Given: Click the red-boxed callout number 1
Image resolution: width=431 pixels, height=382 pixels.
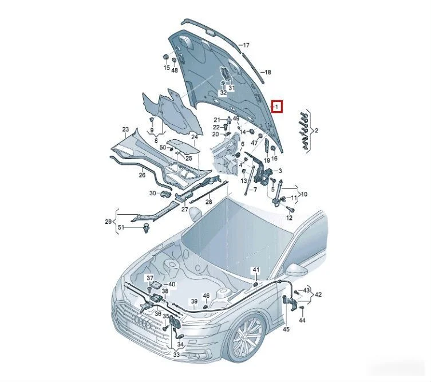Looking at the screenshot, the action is tap(277, 107).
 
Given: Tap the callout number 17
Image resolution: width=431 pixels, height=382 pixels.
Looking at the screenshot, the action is tap(246, 45).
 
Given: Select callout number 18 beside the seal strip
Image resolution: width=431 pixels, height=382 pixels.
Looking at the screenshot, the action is tap(267, 72).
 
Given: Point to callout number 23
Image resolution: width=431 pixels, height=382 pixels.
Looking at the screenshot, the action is tap(125, 129).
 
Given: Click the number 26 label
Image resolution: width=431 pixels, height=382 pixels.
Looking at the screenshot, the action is tap(142, 175).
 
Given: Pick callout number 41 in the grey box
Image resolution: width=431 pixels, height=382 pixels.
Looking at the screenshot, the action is tap(256, 270).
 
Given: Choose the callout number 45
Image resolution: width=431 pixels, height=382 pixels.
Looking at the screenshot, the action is tap(286, 329).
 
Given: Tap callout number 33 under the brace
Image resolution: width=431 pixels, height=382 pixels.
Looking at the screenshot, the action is tap(176, 355).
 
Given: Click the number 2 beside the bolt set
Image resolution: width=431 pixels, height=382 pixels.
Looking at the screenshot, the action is tap(316, 131).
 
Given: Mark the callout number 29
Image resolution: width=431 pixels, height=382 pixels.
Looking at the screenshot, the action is tap(108, 222).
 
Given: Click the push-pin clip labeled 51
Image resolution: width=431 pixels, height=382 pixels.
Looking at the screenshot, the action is tap(146, 229).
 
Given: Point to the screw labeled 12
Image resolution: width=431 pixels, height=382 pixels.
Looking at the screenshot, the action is tap(291, 209).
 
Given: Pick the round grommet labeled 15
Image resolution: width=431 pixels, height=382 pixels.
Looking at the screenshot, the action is tap(166, 57).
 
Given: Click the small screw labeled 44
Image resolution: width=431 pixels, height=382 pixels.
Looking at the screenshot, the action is tap(302, 308).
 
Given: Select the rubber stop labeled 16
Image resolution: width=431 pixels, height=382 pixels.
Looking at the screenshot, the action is tap(273, 148).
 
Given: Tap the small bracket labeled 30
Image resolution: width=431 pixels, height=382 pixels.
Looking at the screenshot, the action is tap(166, 194).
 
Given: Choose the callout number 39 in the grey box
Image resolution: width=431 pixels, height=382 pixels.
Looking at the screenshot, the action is tap(195, 301).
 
